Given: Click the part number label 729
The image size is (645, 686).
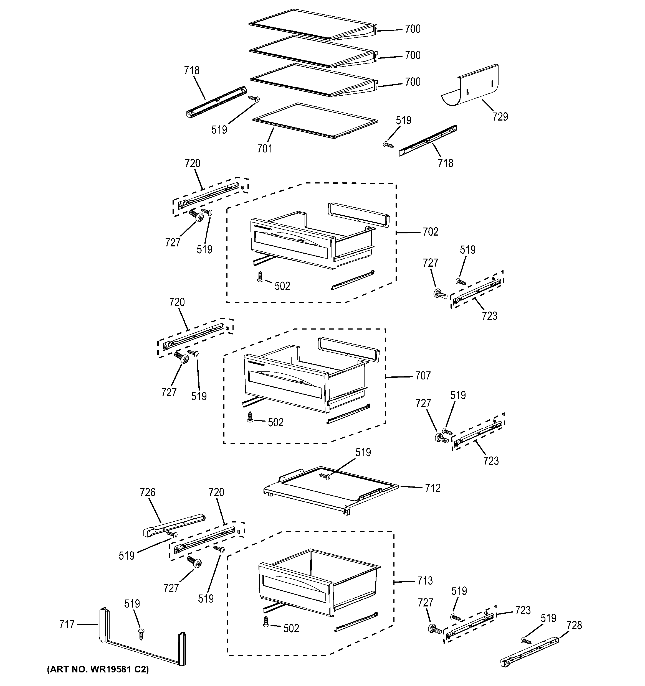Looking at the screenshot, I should click(500, 117).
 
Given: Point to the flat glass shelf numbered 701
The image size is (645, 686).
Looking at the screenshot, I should click(315, 120).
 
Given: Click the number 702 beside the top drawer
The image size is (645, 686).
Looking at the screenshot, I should click(430, 231).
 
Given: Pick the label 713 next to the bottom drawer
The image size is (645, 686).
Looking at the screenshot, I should click(425, 581).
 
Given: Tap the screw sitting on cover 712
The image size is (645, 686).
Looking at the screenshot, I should click(325, 476).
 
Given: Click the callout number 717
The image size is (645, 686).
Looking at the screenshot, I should click(67, 624).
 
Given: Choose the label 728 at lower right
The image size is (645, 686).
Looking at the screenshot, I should click(574, 625).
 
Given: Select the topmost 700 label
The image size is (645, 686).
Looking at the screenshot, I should click(413, 29).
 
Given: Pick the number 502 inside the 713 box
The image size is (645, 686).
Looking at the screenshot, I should click(291, 628).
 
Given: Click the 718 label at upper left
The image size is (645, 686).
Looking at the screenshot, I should click(191, 70).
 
